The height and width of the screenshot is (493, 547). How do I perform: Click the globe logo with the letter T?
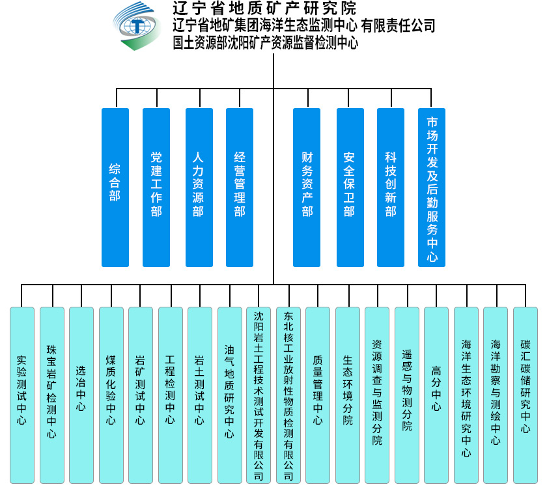click(x=137, y=26)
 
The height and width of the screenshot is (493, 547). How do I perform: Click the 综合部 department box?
click(x=115, y=188)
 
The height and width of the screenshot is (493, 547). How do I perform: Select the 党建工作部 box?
click(x=156, y=188)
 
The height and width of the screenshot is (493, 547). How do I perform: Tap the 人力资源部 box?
click(x=199, y=188)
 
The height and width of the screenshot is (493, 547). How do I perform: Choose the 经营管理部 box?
click(x=240, y=188)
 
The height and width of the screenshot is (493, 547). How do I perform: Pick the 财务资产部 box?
click(x=307, y=188)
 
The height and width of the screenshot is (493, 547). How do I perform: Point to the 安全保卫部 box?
click(x=350, y=188)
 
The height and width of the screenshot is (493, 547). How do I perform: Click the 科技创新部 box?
click(x=391, y=188)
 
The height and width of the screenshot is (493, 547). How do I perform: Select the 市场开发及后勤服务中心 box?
click(x=432, y=188)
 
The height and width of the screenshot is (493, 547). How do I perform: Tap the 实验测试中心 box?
click(x=22, y=395)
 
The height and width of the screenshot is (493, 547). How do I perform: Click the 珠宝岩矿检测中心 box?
click(x=52, y=395)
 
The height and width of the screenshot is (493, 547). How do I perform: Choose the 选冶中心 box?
click(x=81, y=395)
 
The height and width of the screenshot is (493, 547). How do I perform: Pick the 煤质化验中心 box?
click(x=111, y=395)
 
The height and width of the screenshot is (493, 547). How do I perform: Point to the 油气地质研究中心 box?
click(x=229, y=395)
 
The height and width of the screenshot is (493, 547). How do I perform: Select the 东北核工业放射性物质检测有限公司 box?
click(x=288, y=395)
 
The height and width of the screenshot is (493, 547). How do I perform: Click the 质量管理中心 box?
click(x=318, y=395)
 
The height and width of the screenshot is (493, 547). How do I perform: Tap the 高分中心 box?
click(x=436, y=395)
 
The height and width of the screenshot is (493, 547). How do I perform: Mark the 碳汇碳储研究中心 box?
click(x=526, y=395)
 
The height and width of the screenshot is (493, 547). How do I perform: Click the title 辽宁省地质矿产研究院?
click(x=264, y=8)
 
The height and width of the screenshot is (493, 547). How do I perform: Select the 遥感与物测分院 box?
click(x=407, y=395)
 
